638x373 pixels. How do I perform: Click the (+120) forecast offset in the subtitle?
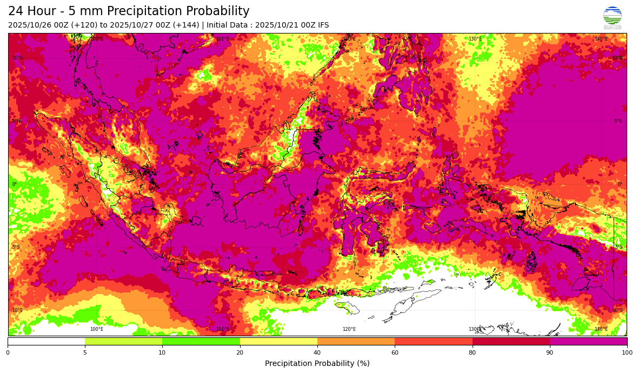coord(83,25)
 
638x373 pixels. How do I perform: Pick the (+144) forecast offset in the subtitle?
coord(185,25)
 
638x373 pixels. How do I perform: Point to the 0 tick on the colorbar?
coord(8,353)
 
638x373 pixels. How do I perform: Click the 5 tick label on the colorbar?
coord(85,353)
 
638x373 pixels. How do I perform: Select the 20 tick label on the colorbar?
coord(240,353)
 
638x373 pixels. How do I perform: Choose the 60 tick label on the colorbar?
coord(395,353)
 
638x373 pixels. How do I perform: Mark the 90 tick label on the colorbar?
coord(550,353)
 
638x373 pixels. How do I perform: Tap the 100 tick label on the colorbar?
coord(627,353)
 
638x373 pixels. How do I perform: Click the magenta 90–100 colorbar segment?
coord(588,341)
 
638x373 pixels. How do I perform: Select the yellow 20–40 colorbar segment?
coord(278,341)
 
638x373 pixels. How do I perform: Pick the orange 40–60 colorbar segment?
coord(356,341)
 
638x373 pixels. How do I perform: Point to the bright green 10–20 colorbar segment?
coord(201,341)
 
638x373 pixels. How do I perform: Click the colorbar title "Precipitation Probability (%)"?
coord(317,363)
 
